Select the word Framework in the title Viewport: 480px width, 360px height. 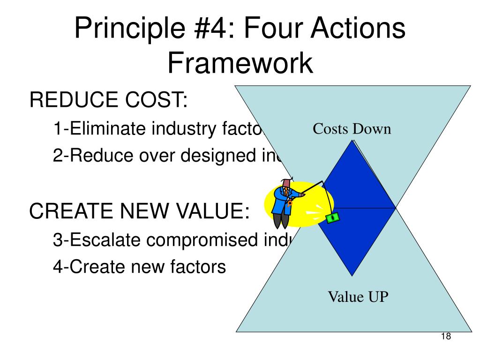click(x=240, y=63)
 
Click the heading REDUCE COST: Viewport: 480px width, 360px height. click(x=108, y=100)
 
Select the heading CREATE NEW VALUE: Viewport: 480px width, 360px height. click(x=139, y=211)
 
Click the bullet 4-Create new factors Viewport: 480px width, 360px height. click(x=139, y=267)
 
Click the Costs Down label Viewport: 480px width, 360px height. click(x=352, y=129)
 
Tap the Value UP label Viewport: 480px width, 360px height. click(x=358, y=297)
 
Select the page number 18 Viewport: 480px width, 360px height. click(x=446, y=337)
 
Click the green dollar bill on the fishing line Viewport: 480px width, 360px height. click(x=333, y=217)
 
